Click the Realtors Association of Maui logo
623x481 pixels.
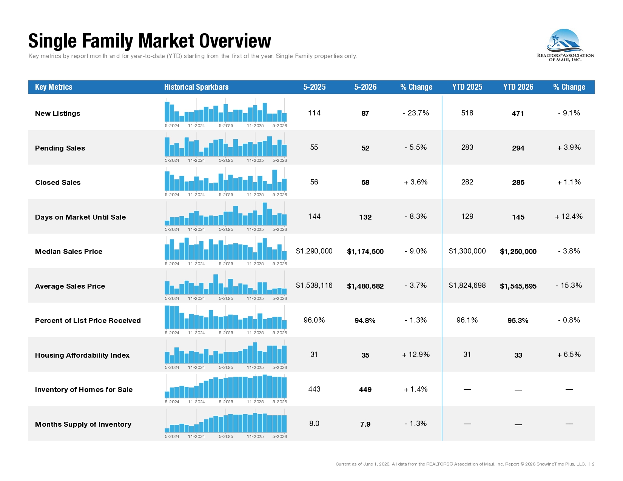pos(565,45)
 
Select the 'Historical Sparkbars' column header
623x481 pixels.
pos(196,87)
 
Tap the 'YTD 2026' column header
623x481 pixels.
pos(518,87)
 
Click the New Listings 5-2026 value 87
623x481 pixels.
pos(365,114)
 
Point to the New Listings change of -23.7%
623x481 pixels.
pos(416,113)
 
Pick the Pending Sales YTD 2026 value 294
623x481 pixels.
pos(518,148)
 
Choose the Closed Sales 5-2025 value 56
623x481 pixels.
pos(314,182)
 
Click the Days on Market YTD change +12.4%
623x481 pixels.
pos(569,216)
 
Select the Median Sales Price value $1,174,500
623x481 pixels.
pos(365,252)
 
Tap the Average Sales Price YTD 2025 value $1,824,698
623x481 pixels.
pos(467,285)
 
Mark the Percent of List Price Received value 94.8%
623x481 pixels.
pos(365,321)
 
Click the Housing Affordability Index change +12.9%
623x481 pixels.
pos(416,354)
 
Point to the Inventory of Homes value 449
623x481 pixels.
pos(365,390)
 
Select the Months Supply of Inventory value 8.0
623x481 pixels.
pos(314,423)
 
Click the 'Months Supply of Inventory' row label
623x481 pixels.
pos(83,424)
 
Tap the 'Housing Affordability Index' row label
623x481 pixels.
pos(82,355)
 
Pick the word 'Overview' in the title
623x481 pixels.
pos(235,41)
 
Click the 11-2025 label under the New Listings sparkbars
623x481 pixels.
pos(255,126)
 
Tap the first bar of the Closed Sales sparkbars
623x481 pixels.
pos(167,181)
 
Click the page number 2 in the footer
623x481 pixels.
pos(593,464)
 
